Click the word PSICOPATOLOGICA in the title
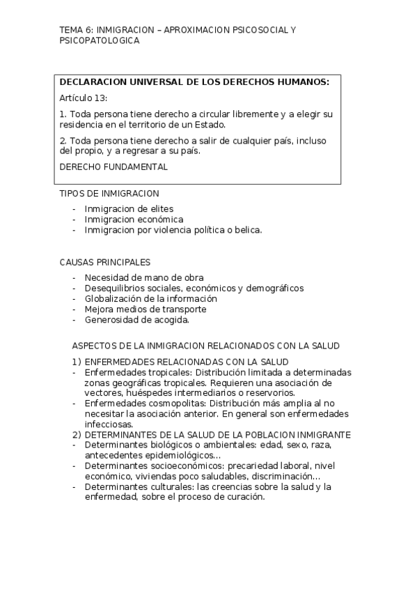coord(100,41)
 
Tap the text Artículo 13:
coord(84,98)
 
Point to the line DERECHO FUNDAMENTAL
coord(113,167)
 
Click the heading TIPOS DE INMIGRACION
coord(109,193)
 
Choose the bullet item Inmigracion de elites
coord(129,208)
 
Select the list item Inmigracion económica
coord(134,219)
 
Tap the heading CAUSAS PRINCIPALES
coord(105,262)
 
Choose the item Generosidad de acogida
coord(136,319)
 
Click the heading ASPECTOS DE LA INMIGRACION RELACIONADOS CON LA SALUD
coord(205,346)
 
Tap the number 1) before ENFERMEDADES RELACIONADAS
coord(77,362)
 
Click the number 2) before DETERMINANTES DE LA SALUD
coord(77,435)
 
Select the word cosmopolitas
coord(168,404)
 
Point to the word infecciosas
coord(108,424)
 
